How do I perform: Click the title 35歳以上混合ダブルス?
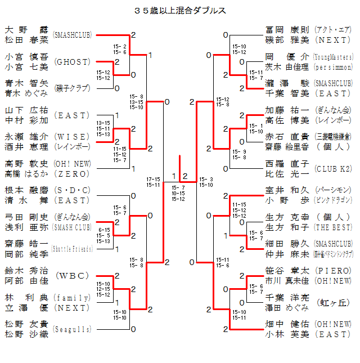180,10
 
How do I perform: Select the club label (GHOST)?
73,61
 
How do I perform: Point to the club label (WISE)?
73,136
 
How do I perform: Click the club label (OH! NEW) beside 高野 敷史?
73,163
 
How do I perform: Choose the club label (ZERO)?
73,173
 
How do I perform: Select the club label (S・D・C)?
73,190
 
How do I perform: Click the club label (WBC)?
73,276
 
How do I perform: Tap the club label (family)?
73,297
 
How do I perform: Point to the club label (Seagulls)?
73,329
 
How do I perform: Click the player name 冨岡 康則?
287,29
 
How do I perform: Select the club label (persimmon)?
334,66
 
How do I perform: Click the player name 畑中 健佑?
287,324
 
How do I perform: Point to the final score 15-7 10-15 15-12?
178,193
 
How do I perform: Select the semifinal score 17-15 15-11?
153,181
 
